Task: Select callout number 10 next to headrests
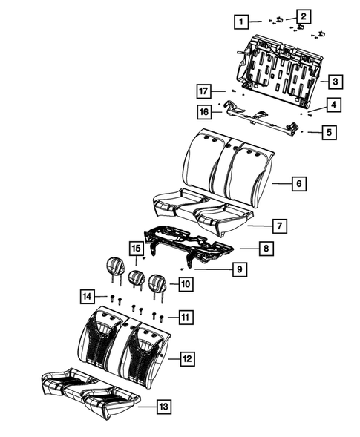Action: click(185, 283)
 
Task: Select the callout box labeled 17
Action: click(203, 91)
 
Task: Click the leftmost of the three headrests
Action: click(115, 266)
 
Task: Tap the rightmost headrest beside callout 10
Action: click(157, 283)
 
